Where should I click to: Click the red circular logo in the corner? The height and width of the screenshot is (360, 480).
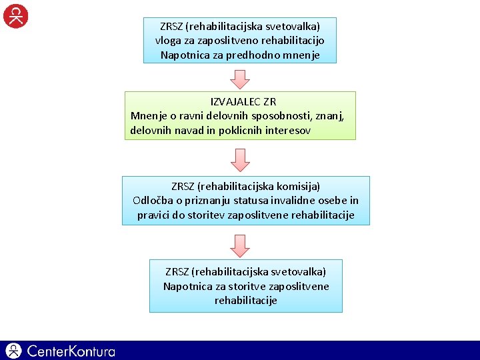coord(16,15)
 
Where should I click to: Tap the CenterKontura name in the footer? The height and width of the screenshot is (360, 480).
coord(71,351)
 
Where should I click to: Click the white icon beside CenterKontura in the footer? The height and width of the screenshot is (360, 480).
coord(14,351)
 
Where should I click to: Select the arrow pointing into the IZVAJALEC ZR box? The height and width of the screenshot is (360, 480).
coord(240,79)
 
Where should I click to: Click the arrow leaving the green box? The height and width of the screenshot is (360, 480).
coord(240,160)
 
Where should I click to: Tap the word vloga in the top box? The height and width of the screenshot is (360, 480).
coord(167,41)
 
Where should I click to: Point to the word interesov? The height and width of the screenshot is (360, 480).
coord(287,131)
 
